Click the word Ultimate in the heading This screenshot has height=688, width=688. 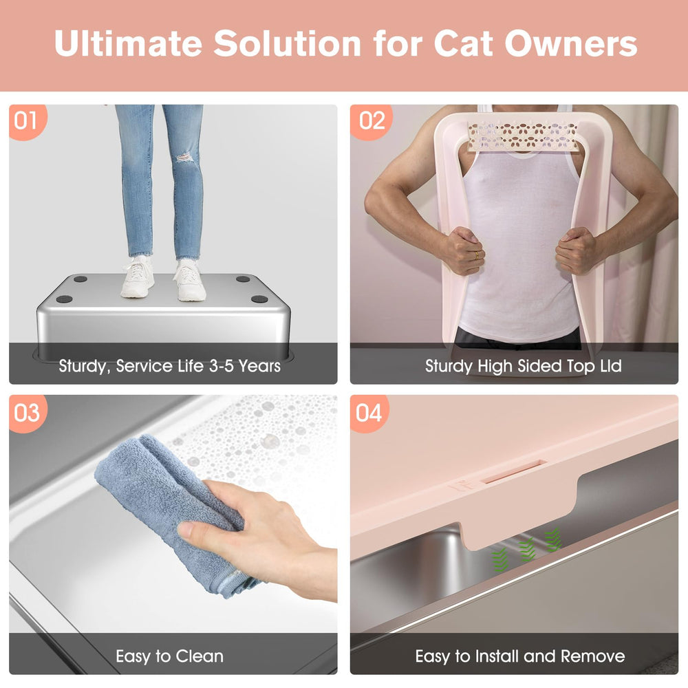pos(128,44)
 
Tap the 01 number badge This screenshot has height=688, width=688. pos(26,121)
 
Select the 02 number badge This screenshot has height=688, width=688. pos(372,121)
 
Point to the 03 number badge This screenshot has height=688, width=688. pos(27,412)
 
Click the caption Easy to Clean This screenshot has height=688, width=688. pos(169,656)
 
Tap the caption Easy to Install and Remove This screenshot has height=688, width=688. pos(519,656)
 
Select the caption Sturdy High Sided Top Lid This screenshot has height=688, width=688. pos(523,365)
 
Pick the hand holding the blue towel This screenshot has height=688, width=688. pos(268,537)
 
